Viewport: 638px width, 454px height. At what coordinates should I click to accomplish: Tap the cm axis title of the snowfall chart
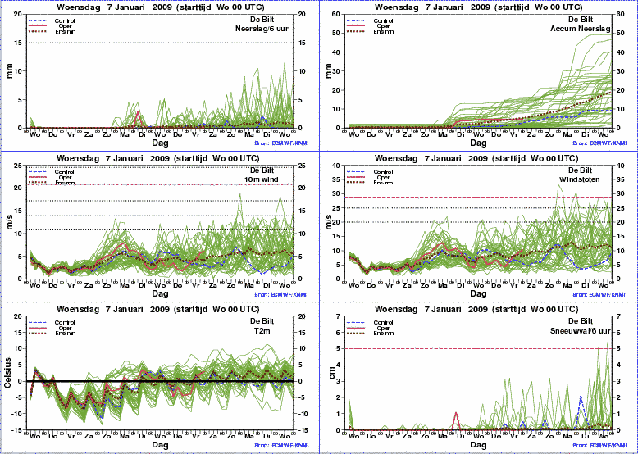click(328, 373)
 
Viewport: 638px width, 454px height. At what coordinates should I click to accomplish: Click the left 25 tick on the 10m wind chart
click(22, 166)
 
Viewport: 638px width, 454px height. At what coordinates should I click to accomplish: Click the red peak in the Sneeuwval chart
click(455, 413)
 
